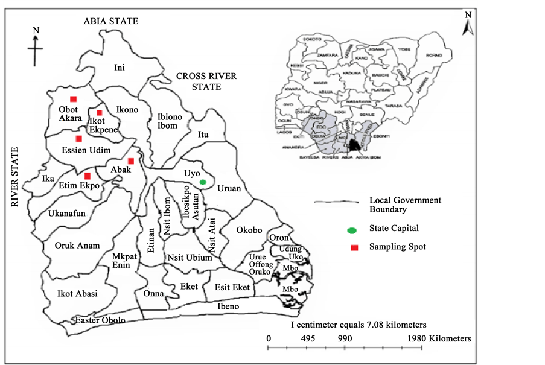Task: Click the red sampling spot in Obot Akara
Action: [x=73, y=98]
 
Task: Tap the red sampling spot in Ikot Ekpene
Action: [x=100, y=113]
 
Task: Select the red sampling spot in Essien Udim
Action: [x=78, y=139]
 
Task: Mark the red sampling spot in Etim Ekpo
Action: [x=88, y=176]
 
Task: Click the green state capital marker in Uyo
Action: [x=203, y=182]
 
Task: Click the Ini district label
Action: [x=120, y=68]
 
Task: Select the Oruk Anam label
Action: [x=77, y=245]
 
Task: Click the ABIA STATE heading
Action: [x=111, y=21]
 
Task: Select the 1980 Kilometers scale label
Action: [x=439, y=338]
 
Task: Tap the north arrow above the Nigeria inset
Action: [x=466, y=25]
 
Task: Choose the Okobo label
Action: [x=249, y=230]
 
